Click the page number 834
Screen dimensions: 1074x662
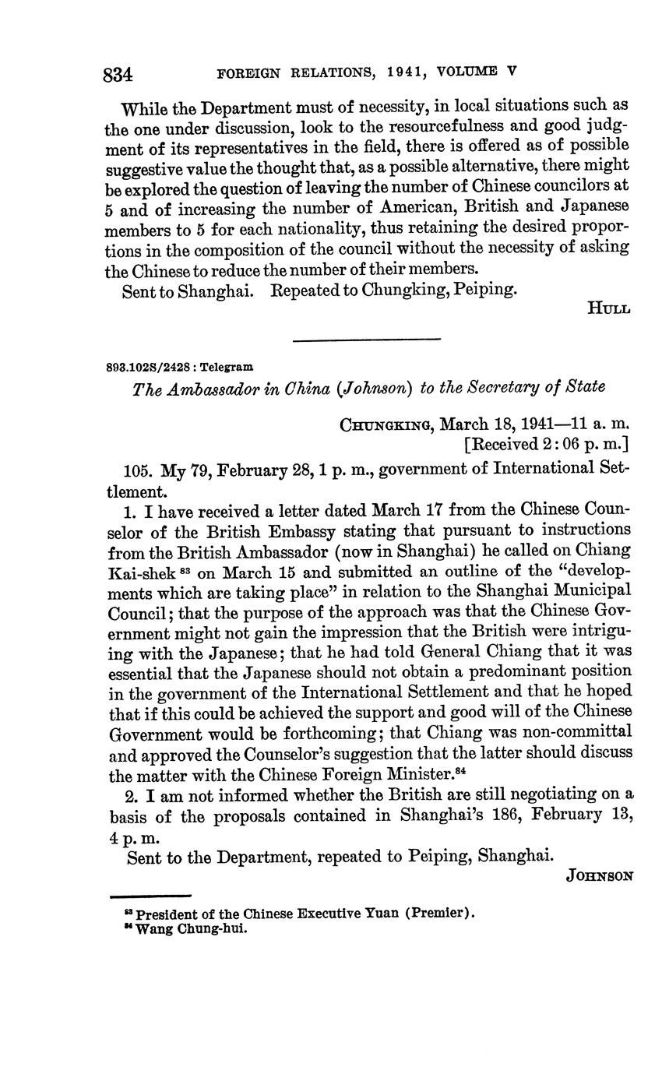118,74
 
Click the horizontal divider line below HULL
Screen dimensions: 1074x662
366,338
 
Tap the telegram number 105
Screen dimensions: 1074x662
138,469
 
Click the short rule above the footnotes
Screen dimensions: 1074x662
150,896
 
